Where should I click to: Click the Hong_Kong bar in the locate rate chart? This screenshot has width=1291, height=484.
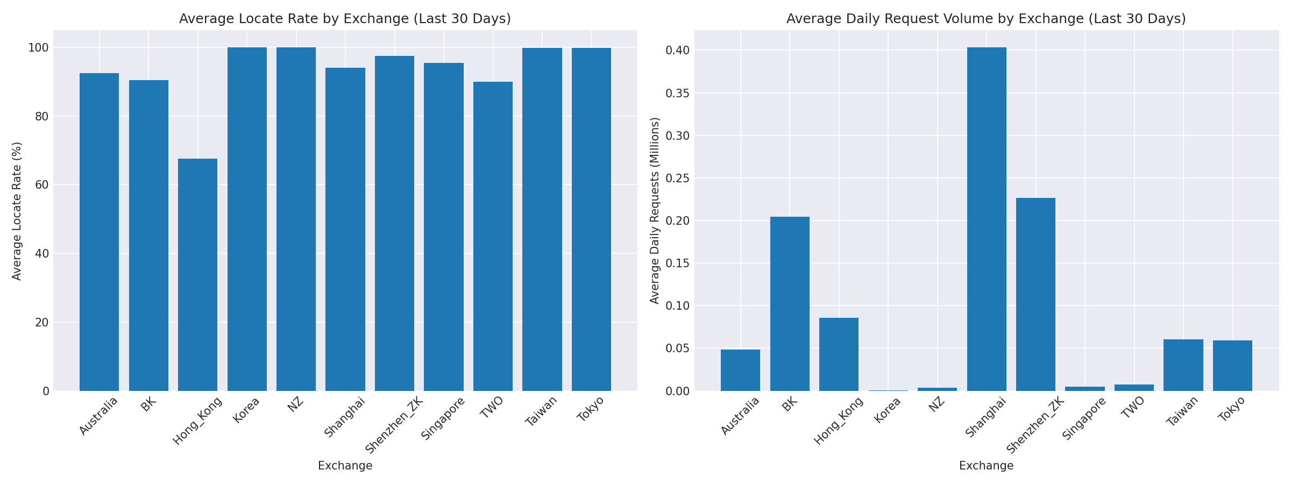pos(197,275)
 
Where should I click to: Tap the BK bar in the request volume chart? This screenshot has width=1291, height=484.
pos(790,304)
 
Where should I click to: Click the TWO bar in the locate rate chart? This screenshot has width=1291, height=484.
pos(493,237)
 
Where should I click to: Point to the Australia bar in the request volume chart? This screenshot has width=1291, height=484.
pos(740,370)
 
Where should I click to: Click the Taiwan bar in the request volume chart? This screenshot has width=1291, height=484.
pos(1183,365)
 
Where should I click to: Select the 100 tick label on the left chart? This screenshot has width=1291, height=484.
pos(38,48)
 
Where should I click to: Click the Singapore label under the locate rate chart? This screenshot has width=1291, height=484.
pos(442,418)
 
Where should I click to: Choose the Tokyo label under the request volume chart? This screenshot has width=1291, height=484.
pos(1231,409)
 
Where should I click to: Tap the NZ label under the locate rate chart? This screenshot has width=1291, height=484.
pos(295,404)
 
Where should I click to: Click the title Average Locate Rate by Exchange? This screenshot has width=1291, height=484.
pos(345,19)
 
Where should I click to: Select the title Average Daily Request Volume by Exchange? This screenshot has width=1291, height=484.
pos(986,19)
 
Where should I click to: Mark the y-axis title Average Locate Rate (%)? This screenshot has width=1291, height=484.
pos(17,211)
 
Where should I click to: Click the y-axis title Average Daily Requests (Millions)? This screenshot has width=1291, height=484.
pos(655,211)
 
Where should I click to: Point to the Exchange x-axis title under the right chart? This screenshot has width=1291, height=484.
pos(986,466)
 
